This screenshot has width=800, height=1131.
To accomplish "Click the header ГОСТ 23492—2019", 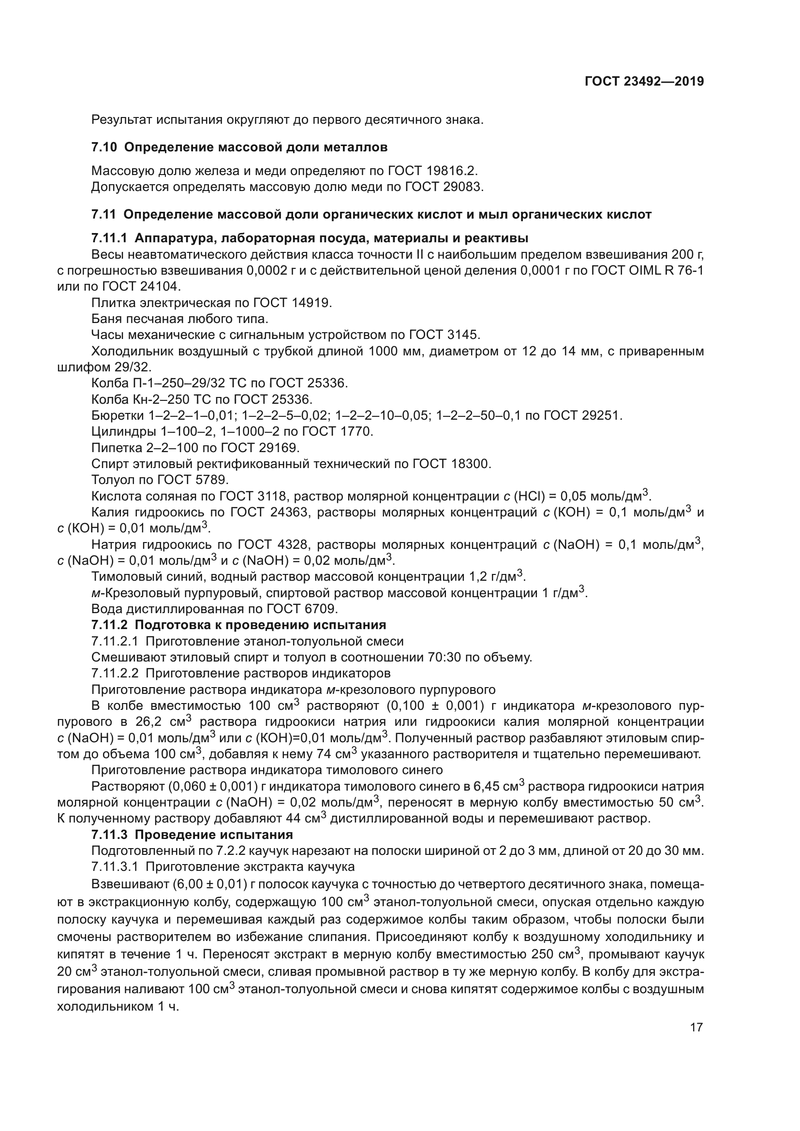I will (x=644, y=82).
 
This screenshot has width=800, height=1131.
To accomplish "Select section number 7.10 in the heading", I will (x=104, y=147).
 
